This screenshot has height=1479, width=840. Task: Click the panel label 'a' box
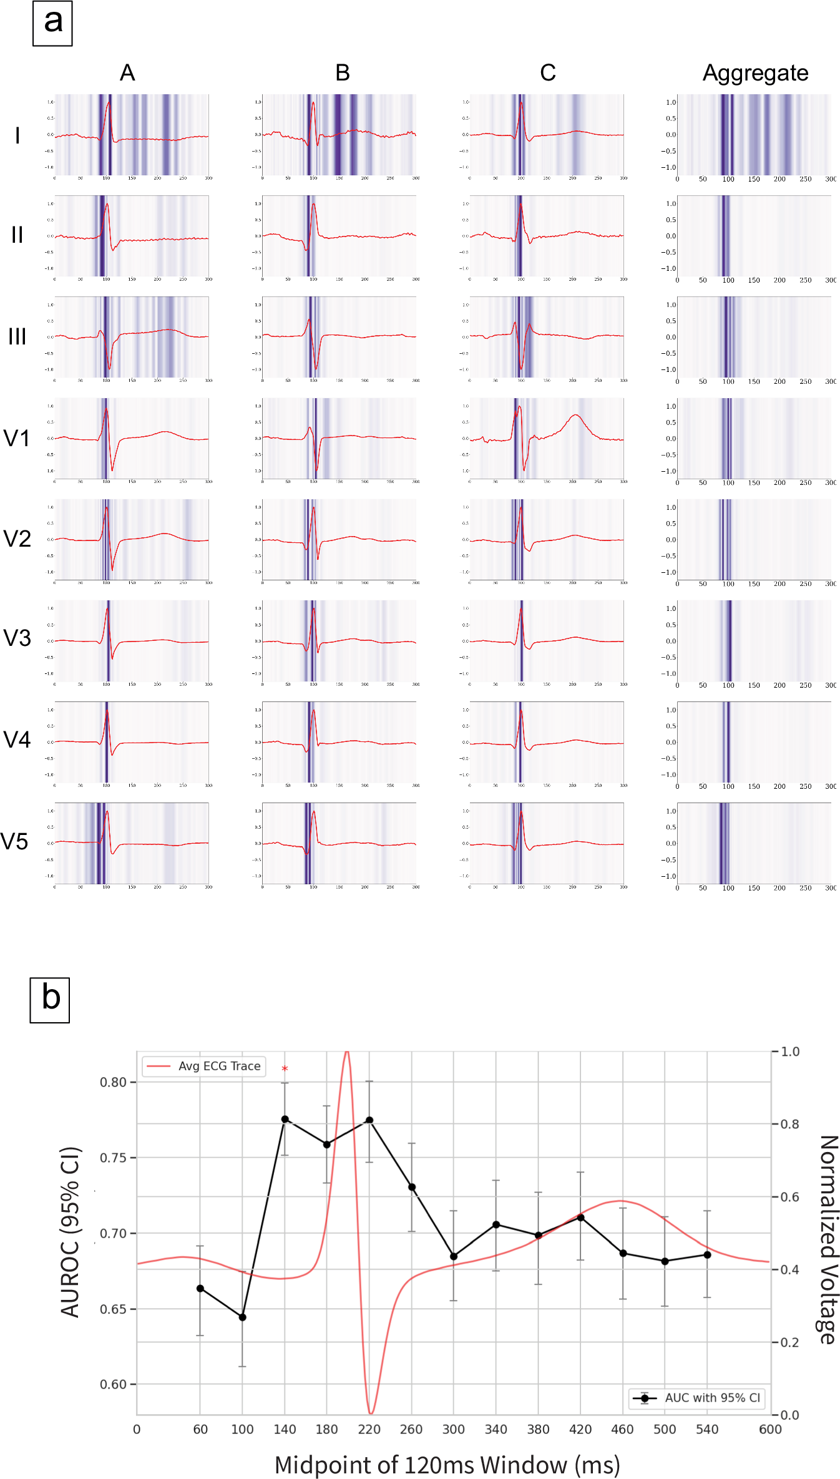click(x=52, y=24)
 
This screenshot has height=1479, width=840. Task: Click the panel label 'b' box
click(x=50, y=1000)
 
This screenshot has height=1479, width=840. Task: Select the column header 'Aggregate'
click(x=755, y=73)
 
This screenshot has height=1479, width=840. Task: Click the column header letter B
click(x=342, y=73)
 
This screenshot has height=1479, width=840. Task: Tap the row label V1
click(x=17, y=439)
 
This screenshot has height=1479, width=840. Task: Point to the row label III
click(x=17, y=337)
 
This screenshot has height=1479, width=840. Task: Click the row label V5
click(x=15, y=842)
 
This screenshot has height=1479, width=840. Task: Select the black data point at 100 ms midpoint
click(x=243, y=1317)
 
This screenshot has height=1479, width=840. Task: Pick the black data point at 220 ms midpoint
click(x=369, y=1120)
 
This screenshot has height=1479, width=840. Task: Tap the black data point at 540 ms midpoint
click(x=707, y=1254)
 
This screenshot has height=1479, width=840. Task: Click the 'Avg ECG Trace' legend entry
click(x=205, y=1066)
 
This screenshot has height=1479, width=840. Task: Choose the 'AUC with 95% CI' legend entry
click(x=696, y=1398)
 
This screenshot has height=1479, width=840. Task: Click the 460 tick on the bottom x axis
click(x=622, y=1430)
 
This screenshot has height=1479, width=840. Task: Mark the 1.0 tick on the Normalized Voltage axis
click(x=789, y=1052)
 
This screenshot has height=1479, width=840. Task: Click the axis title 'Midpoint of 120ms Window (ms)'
click(x=447, y=1464)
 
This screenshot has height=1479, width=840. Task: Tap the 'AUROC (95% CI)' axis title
click(x=71, y=1232)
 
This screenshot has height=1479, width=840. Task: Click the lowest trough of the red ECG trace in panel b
click(x=371, y=1413)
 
